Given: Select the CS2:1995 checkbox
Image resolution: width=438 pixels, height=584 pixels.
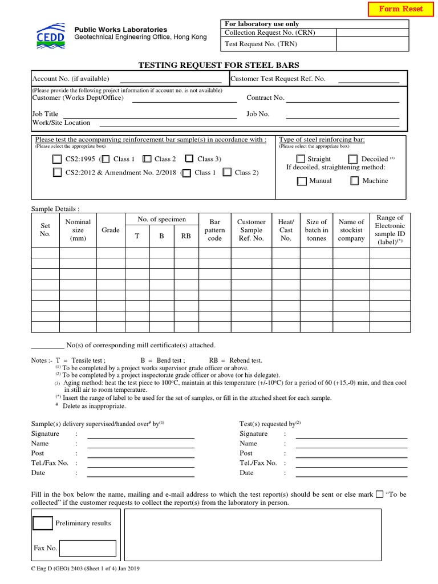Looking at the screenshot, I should [57, 159].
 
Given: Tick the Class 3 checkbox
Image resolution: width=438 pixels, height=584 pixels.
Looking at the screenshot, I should [189, 159].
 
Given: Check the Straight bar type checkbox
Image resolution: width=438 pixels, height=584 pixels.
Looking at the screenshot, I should [301, 159].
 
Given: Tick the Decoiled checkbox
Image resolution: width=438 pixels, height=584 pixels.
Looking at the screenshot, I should [353, 159].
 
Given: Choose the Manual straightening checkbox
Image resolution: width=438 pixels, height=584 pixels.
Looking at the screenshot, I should [302, 181].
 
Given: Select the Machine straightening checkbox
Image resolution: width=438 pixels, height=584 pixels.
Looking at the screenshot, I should [354, 181].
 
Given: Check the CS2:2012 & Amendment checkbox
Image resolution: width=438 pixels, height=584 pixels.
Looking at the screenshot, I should [57, 172].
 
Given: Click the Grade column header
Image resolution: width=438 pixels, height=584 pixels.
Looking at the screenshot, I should [111, 230].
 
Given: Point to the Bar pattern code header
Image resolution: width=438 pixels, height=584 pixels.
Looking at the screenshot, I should [214, 230].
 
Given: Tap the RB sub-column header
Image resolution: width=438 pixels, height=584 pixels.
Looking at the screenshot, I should [186, 235].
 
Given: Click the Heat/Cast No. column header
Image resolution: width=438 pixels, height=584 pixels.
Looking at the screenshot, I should [286, 230].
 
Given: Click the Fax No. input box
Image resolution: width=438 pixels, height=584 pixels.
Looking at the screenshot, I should [88, 549].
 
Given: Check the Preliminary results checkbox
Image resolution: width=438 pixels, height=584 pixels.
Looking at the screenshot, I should [43, 523].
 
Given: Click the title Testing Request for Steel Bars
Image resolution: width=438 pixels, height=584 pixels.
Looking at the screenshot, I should [219, 65].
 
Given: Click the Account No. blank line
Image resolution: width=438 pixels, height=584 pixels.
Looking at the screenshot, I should [171, 80].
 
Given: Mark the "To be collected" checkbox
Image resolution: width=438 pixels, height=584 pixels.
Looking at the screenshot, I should [380, 494].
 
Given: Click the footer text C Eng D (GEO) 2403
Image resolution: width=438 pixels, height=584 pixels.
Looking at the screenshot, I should [86, 569].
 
